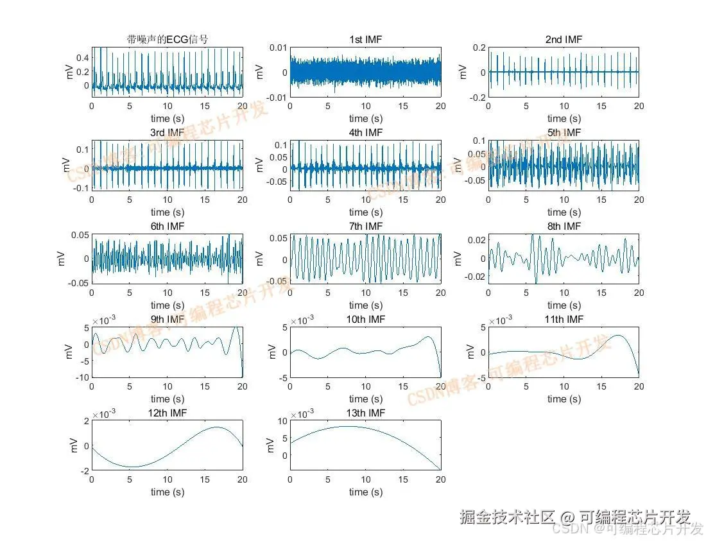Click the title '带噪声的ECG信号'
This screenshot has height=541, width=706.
pyautogui.click(x=168, y=40)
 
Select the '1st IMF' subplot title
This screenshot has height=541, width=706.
pyautogui.click(x=365, y=40)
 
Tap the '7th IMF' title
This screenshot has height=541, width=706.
pyautogui.click(x=365, y=227)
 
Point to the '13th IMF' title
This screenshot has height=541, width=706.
pyautogui.click(x=365, y=412)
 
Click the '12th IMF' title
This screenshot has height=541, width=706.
pyautogui.click(x=168, y=412)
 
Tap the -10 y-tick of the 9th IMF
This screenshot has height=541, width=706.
pyautogui.click(x=80, y=377)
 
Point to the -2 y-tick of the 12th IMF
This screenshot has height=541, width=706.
pyautogui.click(x=83, y=470)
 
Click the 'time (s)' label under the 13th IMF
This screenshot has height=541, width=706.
pyautogui.click(x=365, y=492)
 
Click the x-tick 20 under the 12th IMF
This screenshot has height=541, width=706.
pyautogui.click(x=243, y=480)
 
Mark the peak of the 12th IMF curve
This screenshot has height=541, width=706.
pyautogui.click(x=217, y=427)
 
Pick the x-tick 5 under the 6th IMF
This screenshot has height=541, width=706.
pyautogui.click(x=130, y=293)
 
